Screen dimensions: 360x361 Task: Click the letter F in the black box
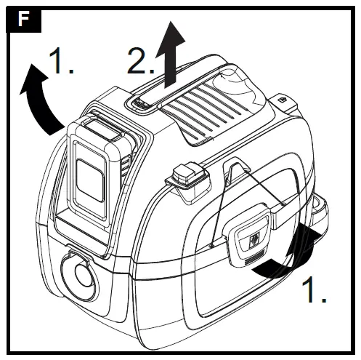click(x=24, y=19)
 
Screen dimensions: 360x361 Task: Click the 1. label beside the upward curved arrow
click(x=62, y=64)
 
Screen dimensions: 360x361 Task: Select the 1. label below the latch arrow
click(x=313, y=291)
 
